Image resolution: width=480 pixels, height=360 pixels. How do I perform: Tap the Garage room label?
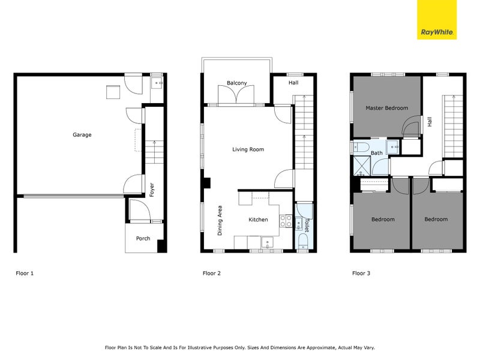click(82, 135)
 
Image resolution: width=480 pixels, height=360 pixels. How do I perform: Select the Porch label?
click(143, 238)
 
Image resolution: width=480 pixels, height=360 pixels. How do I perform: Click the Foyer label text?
click(152, 190)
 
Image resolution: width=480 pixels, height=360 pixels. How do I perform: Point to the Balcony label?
click(238, 83)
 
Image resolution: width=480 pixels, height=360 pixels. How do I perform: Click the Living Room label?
click(248, 149)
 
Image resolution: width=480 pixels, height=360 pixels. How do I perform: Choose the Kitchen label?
click(259, 220)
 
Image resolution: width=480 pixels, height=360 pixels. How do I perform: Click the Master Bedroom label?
click(387, 108)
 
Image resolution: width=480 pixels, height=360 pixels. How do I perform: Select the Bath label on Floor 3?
click(377, 153)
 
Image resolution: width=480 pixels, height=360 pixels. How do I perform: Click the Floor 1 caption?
click(25, 274)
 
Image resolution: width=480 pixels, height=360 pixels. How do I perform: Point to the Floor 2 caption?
click(212, 274)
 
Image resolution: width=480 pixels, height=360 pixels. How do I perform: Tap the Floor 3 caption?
click(361, 274)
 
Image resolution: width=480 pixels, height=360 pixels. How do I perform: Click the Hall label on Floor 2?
click(293, 83)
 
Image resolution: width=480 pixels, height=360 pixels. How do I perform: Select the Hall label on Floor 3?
click(430, 121)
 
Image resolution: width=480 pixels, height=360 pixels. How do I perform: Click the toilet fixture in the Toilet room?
click(303, 241)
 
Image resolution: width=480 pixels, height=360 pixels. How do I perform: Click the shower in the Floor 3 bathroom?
click(362, 165)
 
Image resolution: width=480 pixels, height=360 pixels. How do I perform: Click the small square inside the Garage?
click(113, 92)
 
